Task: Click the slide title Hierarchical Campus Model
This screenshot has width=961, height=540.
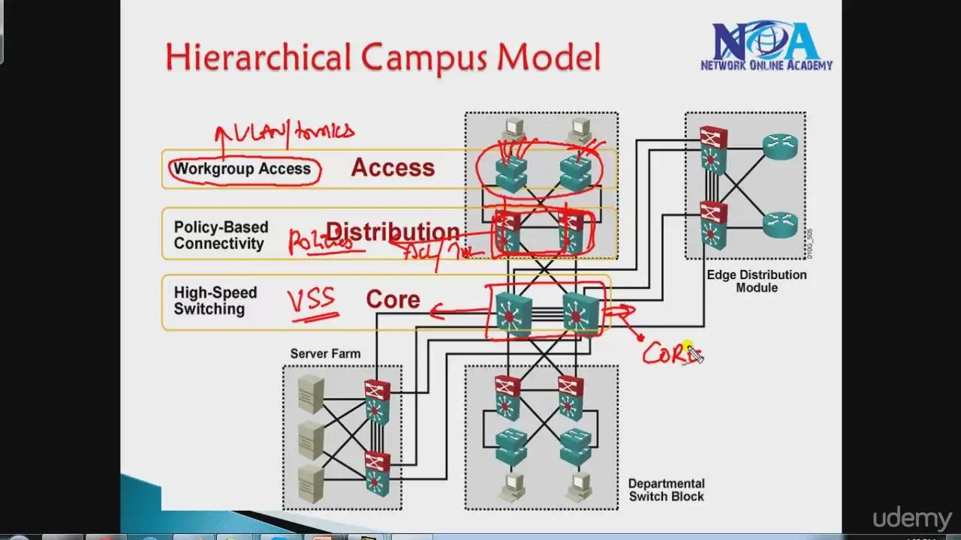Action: tap(383, 57)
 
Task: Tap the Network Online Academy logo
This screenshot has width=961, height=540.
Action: tap(766, 46)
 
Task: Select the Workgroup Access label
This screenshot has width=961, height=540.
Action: tap(242, 169)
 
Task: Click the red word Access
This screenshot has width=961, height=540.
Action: tap(393, 167)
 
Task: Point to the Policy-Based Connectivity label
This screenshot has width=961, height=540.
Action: tap(220, 235)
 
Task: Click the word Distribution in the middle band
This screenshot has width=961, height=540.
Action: tap(393, 232)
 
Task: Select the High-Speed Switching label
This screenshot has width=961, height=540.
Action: tap(215, 301)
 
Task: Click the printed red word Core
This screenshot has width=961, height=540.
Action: tap(393, 299)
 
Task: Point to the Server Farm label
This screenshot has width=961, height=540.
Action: tap(325, 353)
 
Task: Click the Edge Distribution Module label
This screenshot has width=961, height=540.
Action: tap(756, 280)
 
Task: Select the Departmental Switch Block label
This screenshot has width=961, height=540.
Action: tap(666, 490)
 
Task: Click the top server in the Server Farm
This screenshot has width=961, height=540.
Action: tap(311, 394)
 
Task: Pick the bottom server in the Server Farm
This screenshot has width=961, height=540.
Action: tap(311, 481)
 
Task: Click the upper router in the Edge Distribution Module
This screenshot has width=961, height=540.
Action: tap(779, 145)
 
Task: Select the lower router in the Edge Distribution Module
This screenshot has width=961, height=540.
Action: tap(779, 223)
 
